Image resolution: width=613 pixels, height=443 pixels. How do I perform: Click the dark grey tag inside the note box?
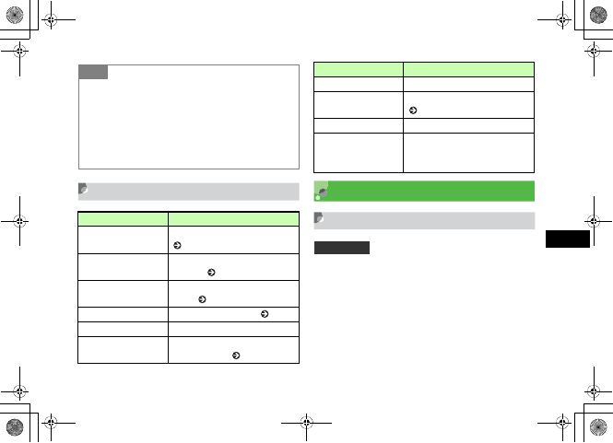(93, 72)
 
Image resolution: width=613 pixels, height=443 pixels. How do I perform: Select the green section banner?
(424, 191)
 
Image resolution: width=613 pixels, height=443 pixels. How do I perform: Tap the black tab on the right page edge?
(567, 239)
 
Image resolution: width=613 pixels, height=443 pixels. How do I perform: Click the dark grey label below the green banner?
(342, 248)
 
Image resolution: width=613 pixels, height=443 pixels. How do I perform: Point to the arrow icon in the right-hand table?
(411, 111)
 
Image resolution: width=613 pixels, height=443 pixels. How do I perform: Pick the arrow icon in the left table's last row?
(237, 355)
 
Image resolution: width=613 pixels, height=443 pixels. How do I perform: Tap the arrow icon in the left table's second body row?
(212, 273)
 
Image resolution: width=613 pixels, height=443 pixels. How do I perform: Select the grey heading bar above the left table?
(188, 191)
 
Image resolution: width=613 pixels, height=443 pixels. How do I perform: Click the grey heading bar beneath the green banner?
(424, 220)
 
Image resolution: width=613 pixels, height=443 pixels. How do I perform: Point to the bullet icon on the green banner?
(320, 192)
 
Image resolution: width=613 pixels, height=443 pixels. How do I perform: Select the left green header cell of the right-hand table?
(359, 68)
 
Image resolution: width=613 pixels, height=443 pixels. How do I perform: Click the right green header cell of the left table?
(233, 219)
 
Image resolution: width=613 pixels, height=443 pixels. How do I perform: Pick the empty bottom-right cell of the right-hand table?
(469, 153)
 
